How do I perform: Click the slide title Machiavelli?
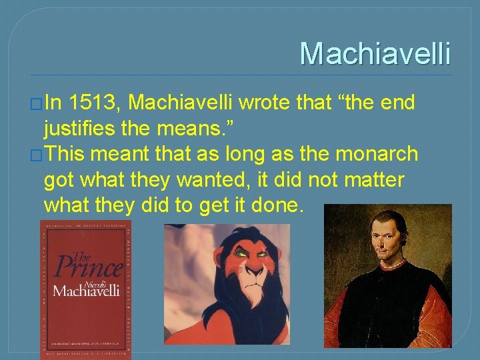[x=375, y=54]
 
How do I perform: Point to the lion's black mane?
[x=193, y=313]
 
